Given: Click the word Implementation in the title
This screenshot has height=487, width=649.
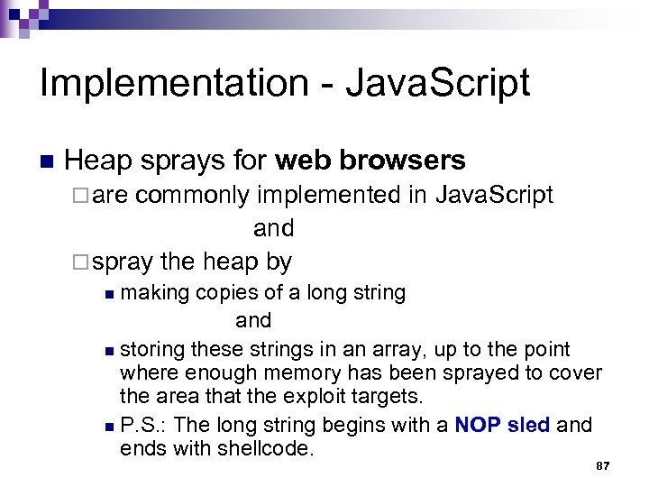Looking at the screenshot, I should tap(173, 84).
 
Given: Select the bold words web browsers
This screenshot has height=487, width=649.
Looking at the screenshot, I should tap(370, 161).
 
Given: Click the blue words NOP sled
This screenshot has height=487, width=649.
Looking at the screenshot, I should tap(502, 425).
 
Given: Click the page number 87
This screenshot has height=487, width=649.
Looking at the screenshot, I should tap(603, 465).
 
